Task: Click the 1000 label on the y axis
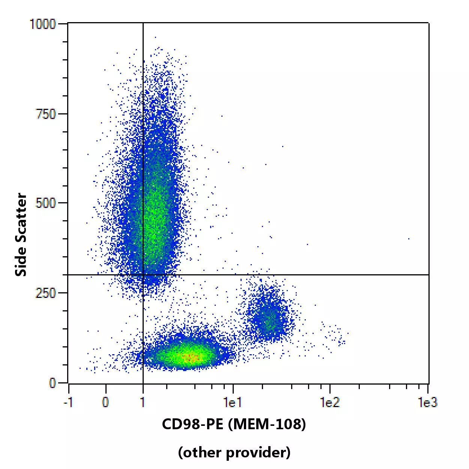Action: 42,24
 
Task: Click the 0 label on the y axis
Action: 53,383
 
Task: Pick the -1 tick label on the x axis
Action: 68,403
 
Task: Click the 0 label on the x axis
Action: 105,403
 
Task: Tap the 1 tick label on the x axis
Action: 143,403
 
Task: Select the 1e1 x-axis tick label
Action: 233,403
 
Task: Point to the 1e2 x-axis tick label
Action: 330,403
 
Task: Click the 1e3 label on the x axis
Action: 427,403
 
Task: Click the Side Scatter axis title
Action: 21,235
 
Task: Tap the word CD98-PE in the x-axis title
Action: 192,424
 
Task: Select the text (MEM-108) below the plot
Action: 267,424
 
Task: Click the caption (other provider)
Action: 234,452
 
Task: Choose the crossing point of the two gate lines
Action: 143,275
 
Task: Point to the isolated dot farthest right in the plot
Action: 409,239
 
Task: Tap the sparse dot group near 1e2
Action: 334,335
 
